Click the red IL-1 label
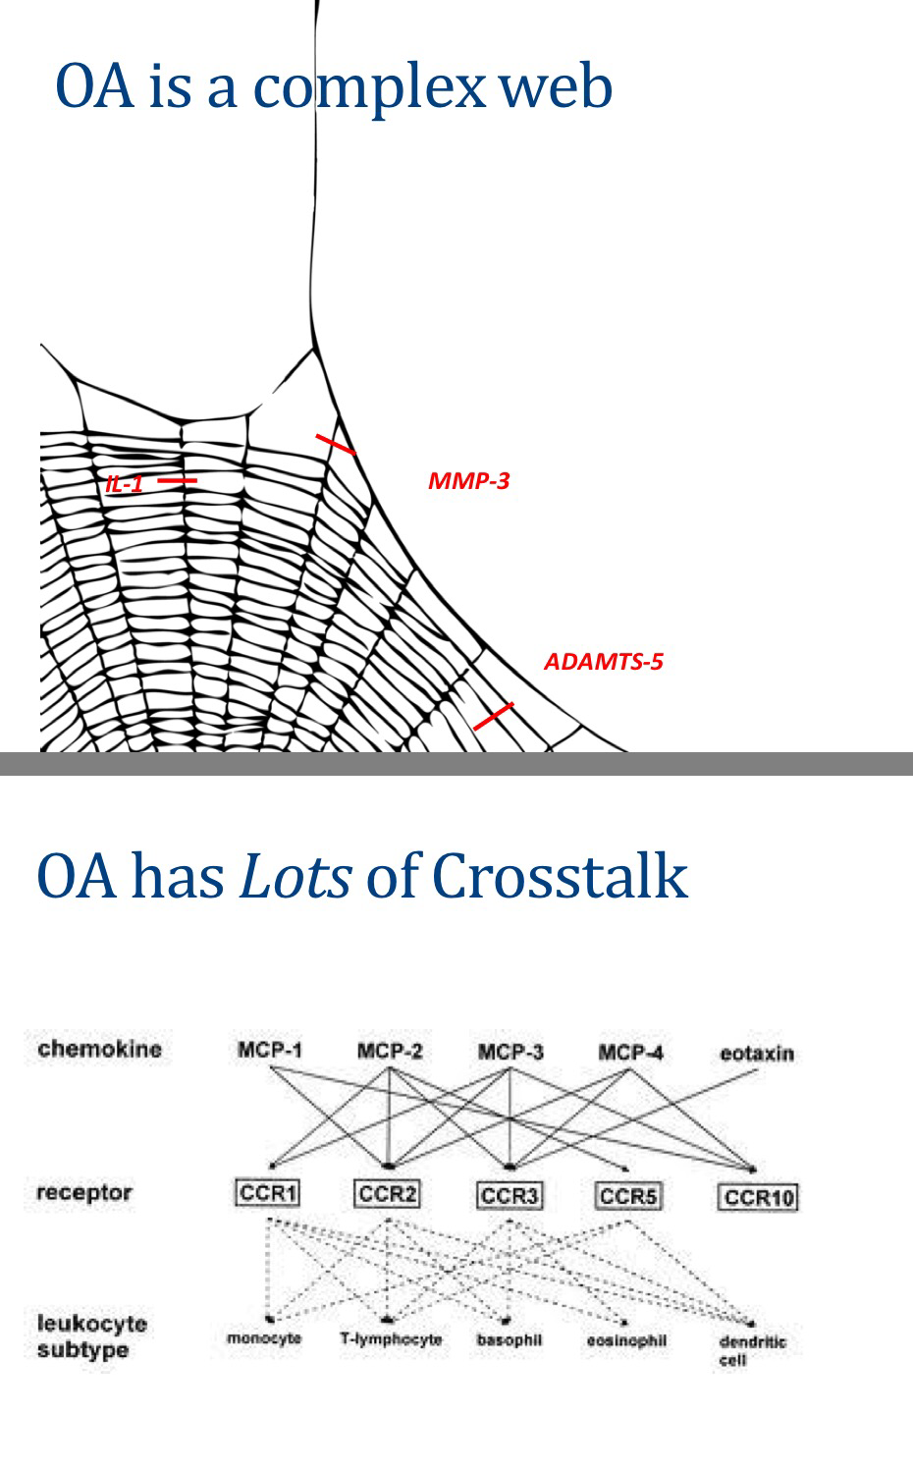pyautogui.click(x=125, y=483)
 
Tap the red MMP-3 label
pyautogui.click(x=468, y=481)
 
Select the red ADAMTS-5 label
pyautogui.click(x=604, y=661)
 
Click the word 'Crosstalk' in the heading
pyautogui.click(x=560, y=876)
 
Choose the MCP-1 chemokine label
pyautogui.click(x=270, y=1051)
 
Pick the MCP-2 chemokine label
pyautogui.click(x=390, y=1052)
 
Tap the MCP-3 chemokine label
pyautogui.click(x=510, y=1052)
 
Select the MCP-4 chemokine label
pyautogui.click(x=630, y=1053)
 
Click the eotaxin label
pyautogui.click(x=757, y=1054)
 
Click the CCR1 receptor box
pyautogui.click(x=268, y=1193)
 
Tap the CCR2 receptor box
pyautogui.click(x=388, y=1194)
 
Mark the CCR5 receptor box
pyautogui.click(x=628, y=1196)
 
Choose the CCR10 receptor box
pyautogui.click(x=758, y=1197)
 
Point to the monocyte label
pyautogui.click(x=264, y=1338)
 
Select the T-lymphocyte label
pyautogui.click(x=391, y=1339)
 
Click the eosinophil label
pyautogui.click(x=627, y=1340)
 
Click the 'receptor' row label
pyautogui.click(x=84, y=1193)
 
